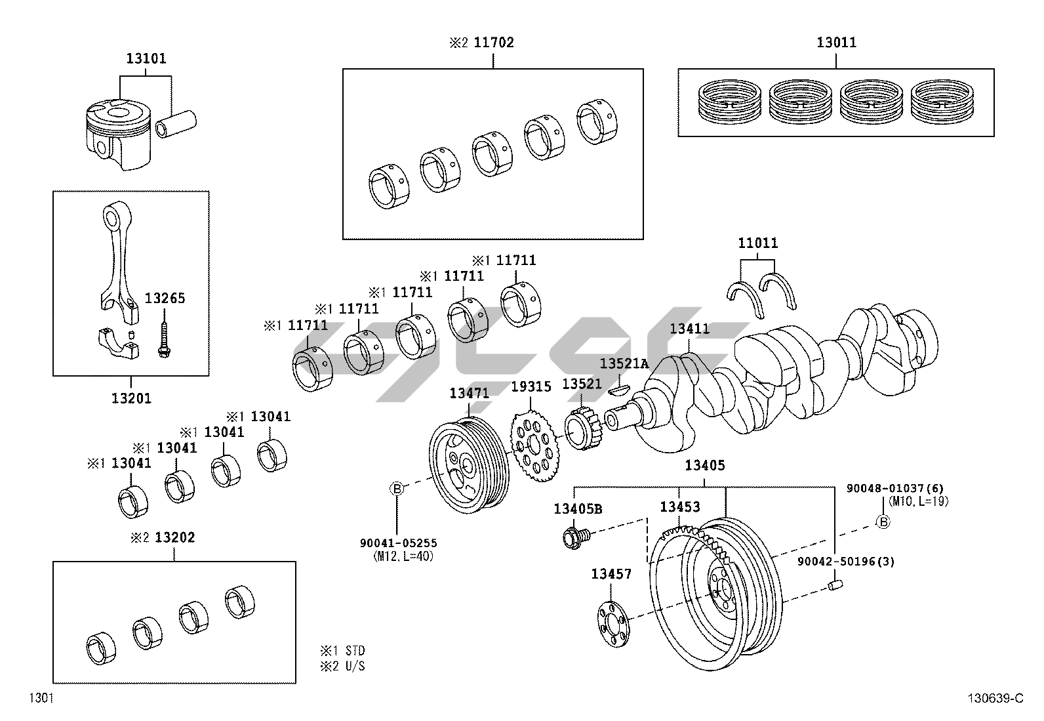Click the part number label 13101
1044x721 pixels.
tap(146, 59)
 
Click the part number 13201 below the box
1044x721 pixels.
tap(130, 398)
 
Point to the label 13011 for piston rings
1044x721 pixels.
tap(836, 43)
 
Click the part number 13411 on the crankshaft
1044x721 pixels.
tap(689, 329)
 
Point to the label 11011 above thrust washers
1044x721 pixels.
tap(758, 243)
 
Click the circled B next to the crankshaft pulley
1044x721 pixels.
tap(397, 488)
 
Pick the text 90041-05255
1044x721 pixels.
tap(398, 543)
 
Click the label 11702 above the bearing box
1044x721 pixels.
tap(493, 43)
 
